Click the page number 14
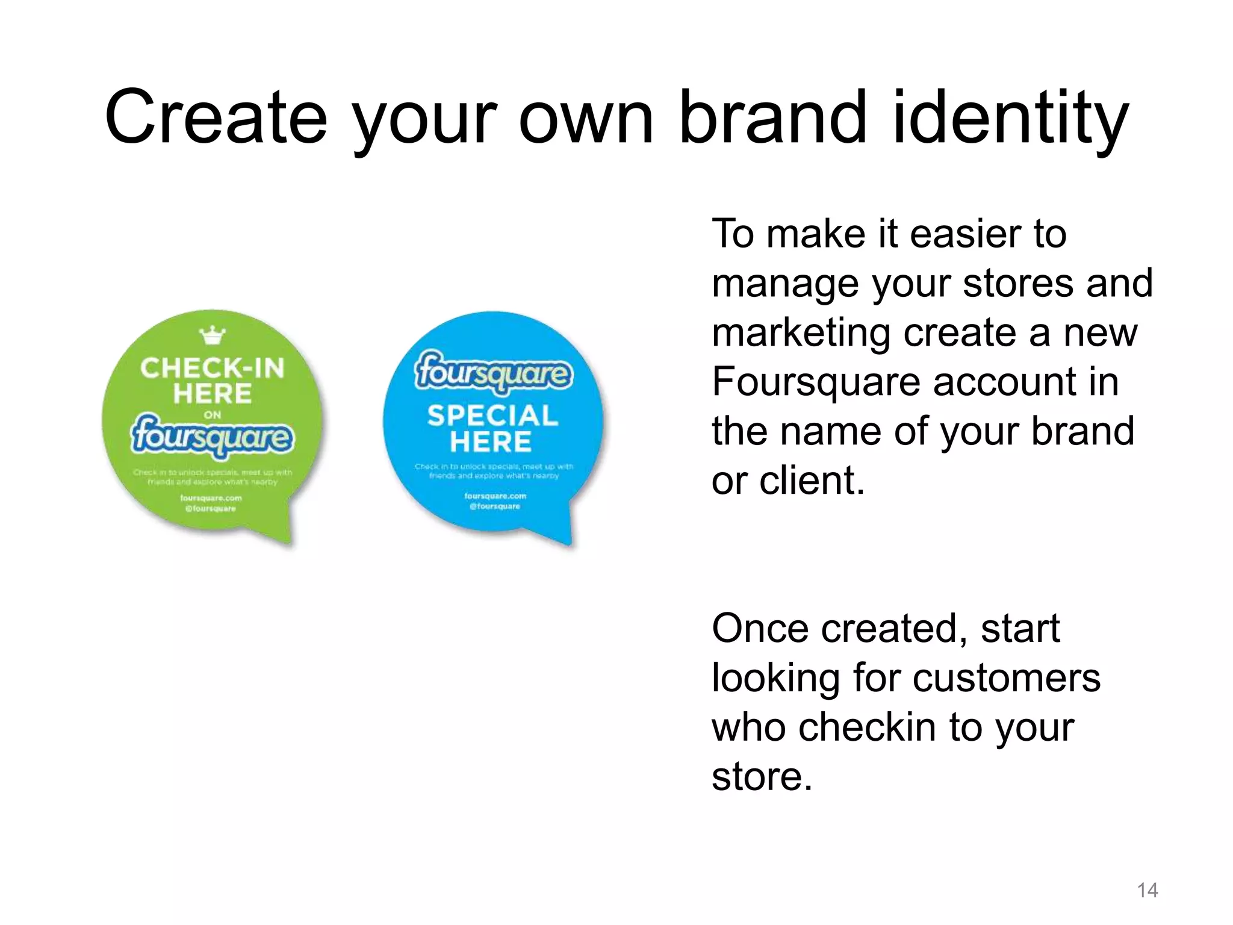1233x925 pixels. point(1148,890)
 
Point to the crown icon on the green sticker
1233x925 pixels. point(213,335)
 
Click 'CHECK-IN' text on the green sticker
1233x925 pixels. point(212,368)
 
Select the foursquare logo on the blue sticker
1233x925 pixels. point(493,372)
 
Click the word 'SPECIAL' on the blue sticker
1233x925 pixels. point(492,416)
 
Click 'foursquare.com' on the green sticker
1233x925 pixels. point(211,498)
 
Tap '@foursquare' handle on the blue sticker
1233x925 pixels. point(495,506)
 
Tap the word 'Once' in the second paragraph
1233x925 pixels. point(760,628)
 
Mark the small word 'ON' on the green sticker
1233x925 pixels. point(213,415)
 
